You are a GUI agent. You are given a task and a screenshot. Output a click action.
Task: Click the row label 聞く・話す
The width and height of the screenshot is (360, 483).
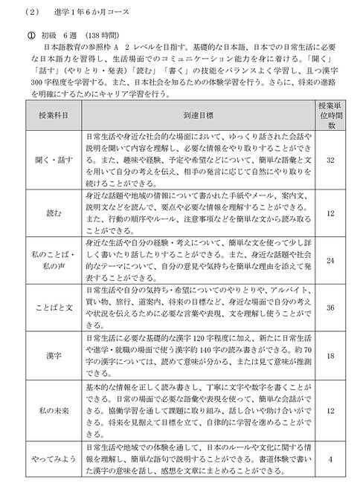tap(49, 181)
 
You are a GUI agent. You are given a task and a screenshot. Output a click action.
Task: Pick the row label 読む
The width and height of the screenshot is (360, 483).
tap(49, 234)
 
